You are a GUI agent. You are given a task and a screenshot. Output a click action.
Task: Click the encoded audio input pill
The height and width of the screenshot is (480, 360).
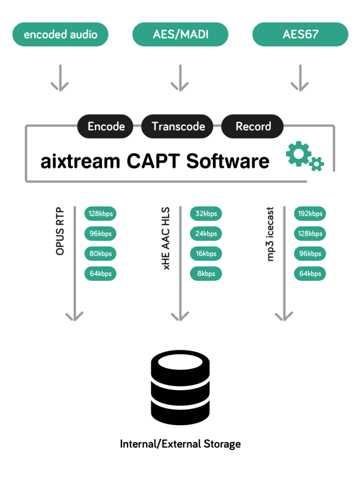60,35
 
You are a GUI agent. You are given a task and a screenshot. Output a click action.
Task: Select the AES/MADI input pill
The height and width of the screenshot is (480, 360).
180,35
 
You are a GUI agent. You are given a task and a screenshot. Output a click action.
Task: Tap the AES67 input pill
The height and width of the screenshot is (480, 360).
300,35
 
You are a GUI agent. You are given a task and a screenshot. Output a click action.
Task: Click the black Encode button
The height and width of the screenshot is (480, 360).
106,127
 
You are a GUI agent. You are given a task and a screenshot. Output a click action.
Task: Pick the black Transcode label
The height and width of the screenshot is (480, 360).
178,127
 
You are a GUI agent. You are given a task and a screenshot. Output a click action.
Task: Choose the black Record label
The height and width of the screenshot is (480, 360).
253,127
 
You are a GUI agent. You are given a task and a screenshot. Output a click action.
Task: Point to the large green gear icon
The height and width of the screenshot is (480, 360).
297,154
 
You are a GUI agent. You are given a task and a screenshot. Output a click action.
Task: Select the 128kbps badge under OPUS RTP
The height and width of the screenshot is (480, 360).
100,214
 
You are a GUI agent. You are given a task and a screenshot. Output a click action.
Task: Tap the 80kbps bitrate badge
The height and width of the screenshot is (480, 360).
100,254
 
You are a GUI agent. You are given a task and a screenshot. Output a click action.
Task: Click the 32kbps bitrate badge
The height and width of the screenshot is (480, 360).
206,214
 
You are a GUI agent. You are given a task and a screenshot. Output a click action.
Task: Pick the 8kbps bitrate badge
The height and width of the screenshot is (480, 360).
206,273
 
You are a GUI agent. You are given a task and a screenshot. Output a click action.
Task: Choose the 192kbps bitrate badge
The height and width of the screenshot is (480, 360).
310,214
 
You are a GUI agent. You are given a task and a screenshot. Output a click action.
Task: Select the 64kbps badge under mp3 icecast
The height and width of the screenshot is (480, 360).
310,273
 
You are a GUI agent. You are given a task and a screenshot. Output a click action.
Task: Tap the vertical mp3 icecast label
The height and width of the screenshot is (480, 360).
270,234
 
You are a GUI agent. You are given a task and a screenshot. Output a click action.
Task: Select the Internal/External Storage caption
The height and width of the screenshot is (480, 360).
180,443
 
